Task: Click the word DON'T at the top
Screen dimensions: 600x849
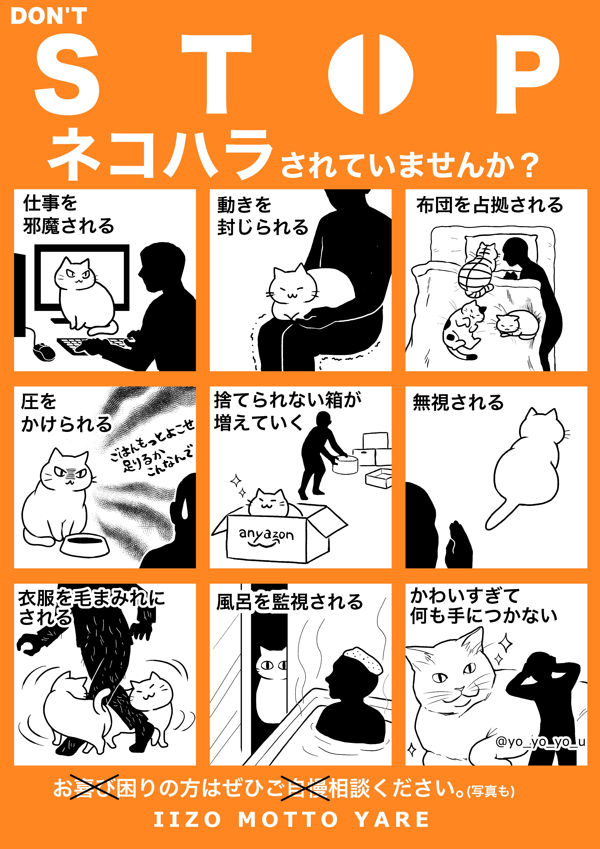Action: pos(49,16)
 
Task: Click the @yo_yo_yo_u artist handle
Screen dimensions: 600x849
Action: pos(540,742)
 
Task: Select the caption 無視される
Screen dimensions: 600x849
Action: pos(458,402)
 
